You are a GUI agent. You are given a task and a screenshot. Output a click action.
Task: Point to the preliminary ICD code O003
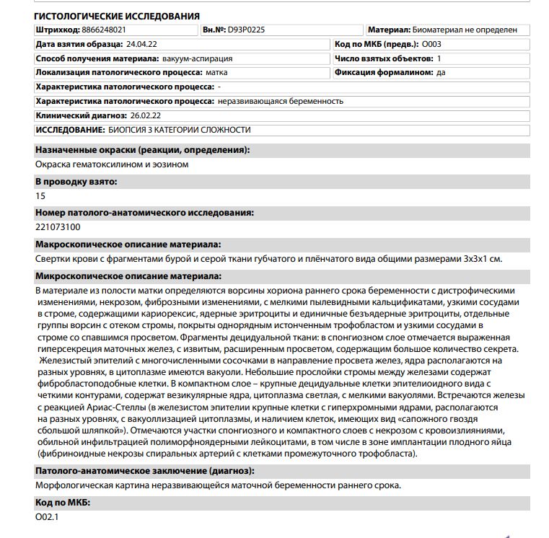[431, 45]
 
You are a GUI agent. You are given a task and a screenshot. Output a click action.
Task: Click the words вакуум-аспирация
[186, 58]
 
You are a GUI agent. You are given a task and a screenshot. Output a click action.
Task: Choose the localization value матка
[216, 73]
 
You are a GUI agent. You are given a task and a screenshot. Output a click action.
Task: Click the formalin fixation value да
[441, 73]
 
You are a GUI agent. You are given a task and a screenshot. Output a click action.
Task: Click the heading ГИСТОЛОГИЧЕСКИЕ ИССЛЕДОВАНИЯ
[118, 16]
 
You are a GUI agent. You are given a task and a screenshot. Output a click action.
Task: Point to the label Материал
[389, 30]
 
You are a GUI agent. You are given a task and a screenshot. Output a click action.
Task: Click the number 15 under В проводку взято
[40, 196]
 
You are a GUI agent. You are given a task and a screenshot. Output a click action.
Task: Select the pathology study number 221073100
[58, 227]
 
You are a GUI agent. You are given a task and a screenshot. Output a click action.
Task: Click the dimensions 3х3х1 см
[482, 258]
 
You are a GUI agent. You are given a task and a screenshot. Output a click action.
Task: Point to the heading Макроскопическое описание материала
[128, 244]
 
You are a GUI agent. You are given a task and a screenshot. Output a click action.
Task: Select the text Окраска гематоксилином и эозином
[112, 164]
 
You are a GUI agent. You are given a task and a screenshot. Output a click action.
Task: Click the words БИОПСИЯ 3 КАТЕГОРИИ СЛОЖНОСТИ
[180, 130]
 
